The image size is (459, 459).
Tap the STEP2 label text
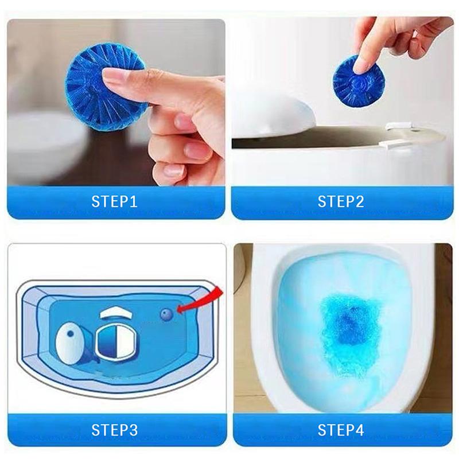[x=342, y=202]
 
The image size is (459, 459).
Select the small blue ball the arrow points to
[x=166, y=314]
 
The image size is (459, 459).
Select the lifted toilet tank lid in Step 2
[x=275, y=115]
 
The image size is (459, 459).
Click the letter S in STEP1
[x=96, y=202]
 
